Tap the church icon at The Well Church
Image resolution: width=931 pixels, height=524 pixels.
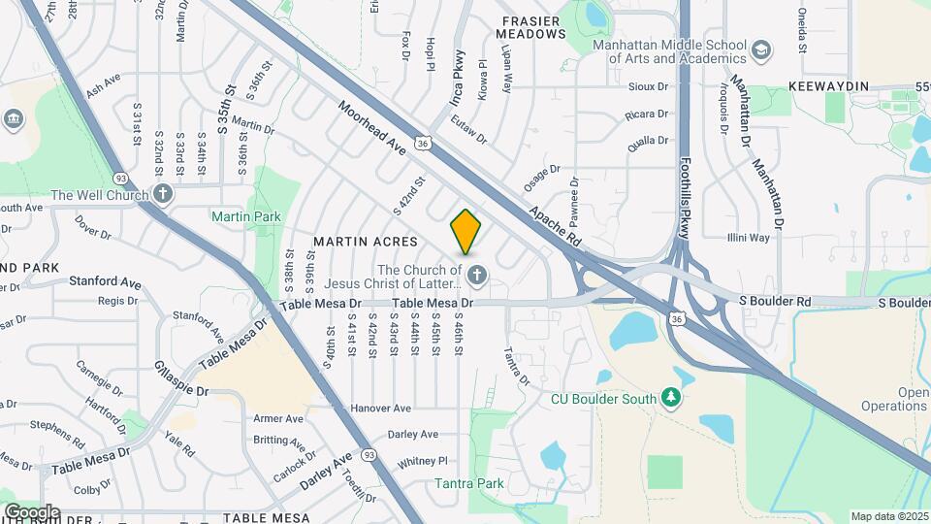coord(163,194)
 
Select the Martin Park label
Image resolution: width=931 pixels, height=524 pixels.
coord(246,216)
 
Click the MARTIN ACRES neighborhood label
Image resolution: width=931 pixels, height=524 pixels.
coord(365,241)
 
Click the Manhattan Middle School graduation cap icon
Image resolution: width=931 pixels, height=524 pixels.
coord(762,48)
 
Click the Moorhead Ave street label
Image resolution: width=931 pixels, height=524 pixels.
coord(370,128)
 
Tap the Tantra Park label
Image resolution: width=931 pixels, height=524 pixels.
coord(469,483)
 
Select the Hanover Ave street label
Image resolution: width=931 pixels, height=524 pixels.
coord(381,408)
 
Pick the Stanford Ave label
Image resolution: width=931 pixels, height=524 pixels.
coord(105,282)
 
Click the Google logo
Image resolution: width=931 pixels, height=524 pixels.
coord(32,511)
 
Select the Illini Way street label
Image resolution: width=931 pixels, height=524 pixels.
coord(748,237)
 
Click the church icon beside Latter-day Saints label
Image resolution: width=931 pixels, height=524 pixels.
coord(476,277)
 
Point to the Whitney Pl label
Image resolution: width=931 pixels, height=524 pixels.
coord(422,461)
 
